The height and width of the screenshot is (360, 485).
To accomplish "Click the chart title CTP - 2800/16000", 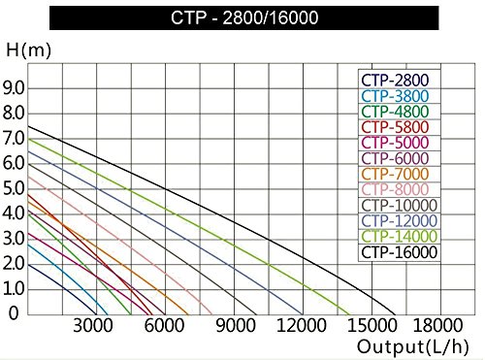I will pos(242,17).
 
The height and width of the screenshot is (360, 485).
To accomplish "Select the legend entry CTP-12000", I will pos(399,221).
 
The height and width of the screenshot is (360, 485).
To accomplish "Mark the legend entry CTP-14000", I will pos(399,237).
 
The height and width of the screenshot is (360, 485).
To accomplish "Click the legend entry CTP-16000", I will pos(399,252).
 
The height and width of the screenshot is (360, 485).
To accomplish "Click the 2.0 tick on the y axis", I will pos(13,264).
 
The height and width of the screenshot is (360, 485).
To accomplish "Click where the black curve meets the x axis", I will pos(395,315).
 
